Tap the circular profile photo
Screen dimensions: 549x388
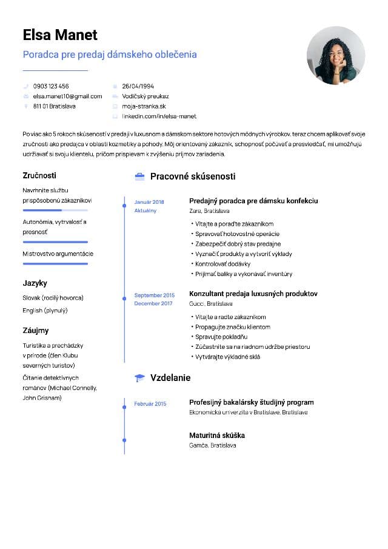335,55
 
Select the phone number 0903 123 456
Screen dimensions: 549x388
51,86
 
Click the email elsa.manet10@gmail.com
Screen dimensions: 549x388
67,96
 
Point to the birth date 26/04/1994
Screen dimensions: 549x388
138,86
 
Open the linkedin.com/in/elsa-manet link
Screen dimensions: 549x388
159,116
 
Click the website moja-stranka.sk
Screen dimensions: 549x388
144,106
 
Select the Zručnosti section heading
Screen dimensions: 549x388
39,175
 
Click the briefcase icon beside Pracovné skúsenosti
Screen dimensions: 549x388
139,177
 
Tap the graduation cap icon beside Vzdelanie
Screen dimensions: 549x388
139,378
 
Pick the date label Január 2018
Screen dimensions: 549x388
149,201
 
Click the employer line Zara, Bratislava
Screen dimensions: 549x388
209,211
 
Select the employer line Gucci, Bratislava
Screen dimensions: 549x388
211,303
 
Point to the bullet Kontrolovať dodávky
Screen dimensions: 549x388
222,264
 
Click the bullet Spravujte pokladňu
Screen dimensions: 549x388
221,337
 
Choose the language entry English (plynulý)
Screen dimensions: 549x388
45,310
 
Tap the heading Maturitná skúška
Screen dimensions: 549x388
217,436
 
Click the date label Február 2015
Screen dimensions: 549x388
150,403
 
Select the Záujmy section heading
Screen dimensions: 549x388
36,331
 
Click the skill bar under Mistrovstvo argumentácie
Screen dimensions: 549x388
55,263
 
